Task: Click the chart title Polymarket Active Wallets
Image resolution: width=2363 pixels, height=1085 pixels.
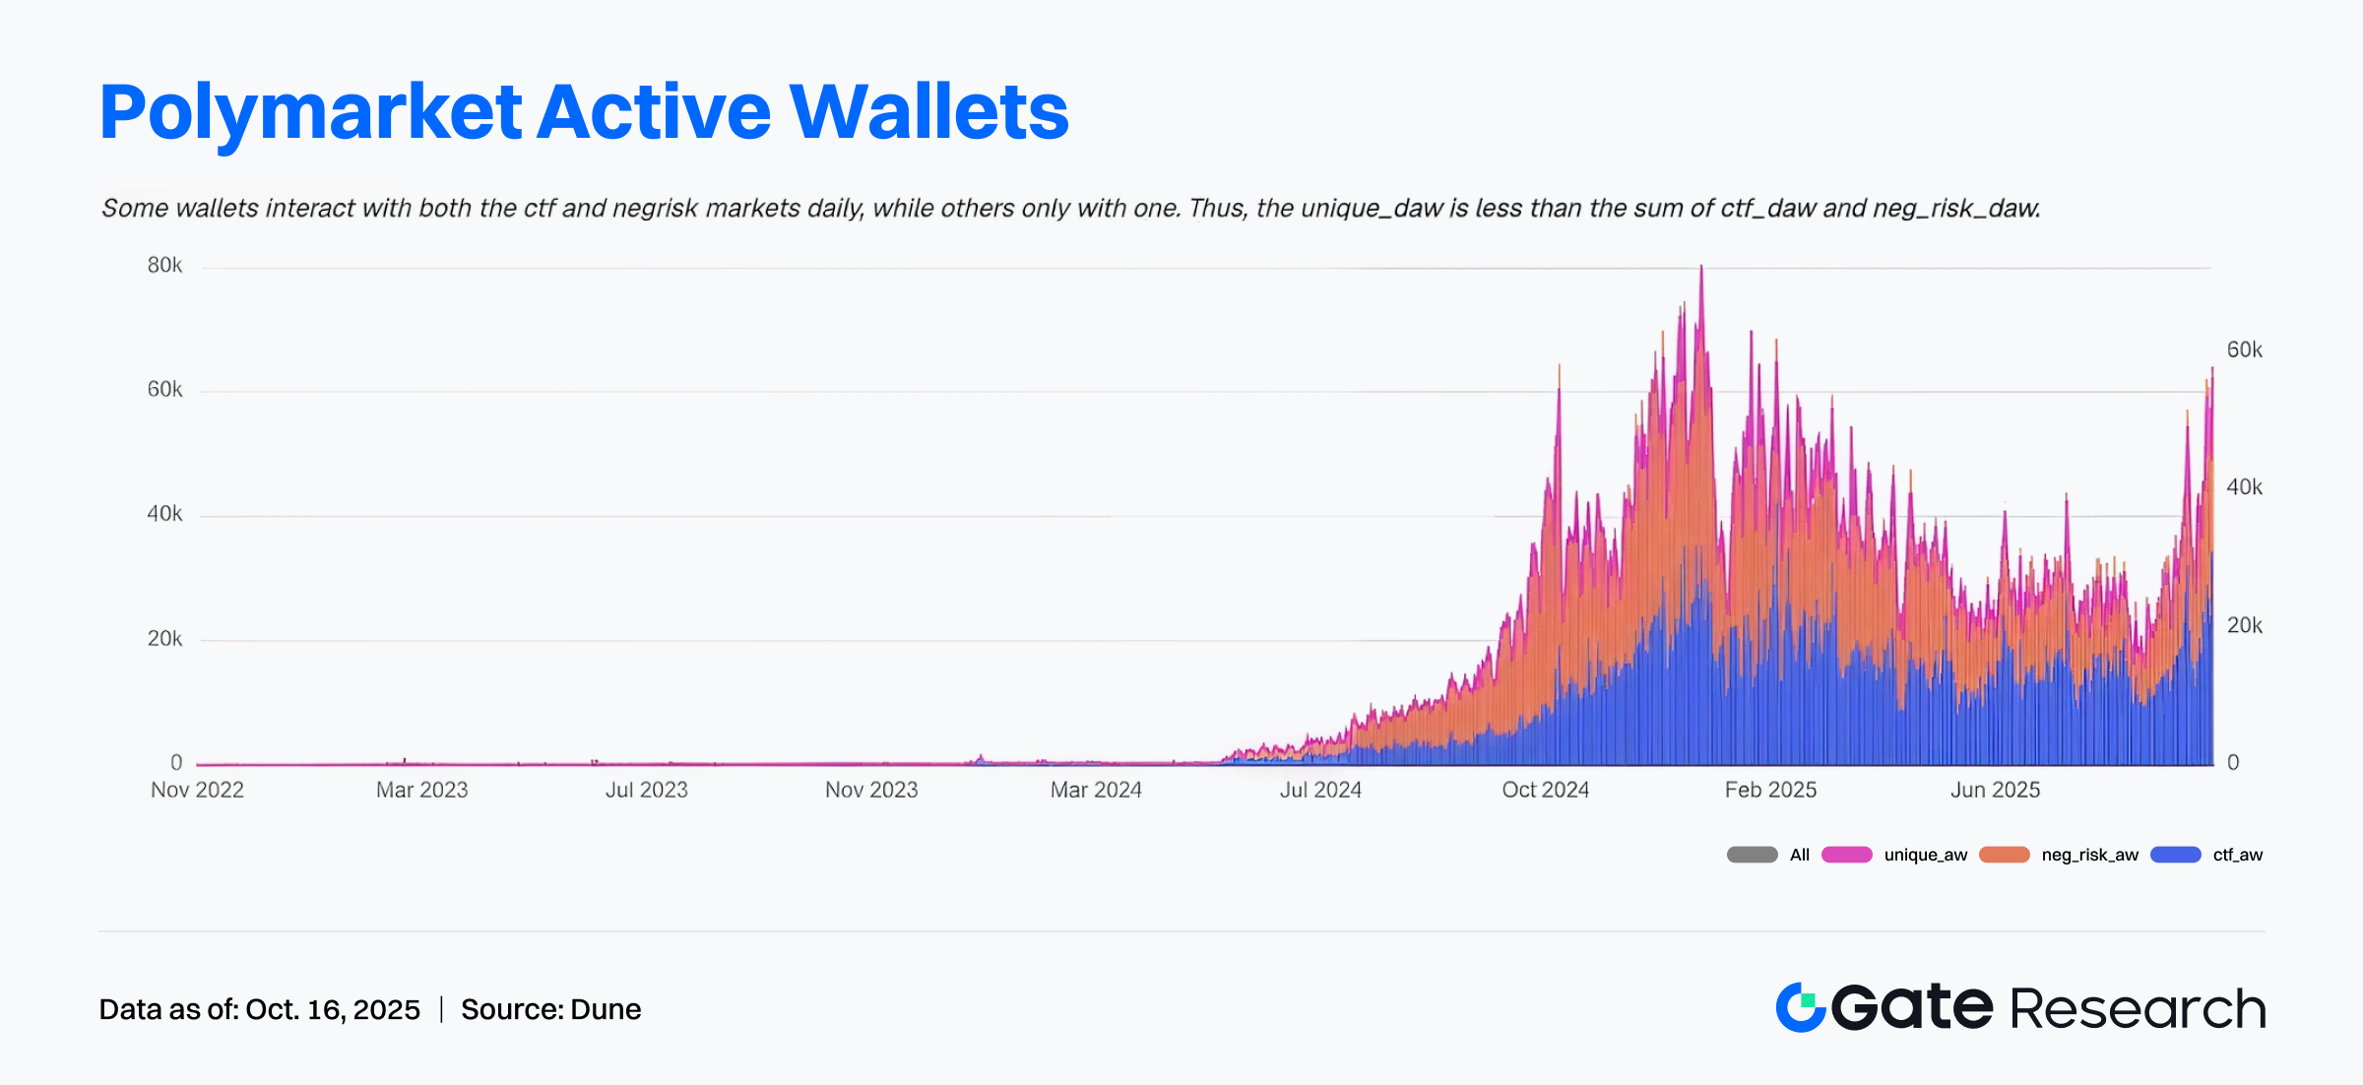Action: (x=584, y=112)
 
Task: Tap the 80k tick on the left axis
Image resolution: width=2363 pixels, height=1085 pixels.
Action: (x=164, y=266)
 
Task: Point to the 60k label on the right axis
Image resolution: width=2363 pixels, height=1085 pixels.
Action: (x=2244, y=351)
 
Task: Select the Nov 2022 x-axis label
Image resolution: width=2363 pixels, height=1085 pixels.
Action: (x=197, y=790)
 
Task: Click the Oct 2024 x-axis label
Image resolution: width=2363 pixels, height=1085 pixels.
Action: (x=1545, y=790)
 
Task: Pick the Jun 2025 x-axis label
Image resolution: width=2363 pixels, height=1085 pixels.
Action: (x=1995, y=790)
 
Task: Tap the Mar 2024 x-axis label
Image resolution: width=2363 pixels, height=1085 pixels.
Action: (x=1096, y=790)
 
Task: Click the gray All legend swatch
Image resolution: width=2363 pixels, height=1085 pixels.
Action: (x=1752, y=855)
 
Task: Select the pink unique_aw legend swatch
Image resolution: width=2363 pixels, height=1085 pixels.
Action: (x=1846, y=855)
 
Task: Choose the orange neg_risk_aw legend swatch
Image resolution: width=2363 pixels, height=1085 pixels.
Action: (x=2004, y=855)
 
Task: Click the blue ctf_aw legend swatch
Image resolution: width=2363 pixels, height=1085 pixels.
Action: (x=2175, y=855)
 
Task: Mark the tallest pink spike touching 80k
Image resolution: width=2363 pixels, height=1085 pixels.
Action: (x=1700, y=270)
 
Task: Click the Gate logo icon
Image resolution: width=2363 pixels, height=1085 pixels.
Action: (x=1801, y=1007)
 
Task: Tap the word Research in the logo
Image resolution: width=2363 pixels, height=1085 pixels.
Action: (x=2137, y=1009)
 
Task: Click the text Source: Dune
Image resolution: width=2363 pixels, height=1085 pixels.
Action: (x=550, y=1010)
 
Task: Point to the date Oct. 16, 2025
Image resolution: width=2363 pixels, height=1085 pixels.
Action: (x=333, y=1010)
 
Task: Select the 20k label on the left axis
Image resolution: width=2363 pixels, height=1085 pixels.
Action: (x=164, y=639)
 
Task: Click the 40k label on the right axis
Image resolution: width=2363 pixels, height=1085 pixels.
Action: (x=2244, y=487)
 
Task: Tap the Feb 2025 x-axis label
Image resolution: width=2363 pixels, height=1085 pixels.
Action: (x=1770, y=790)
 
